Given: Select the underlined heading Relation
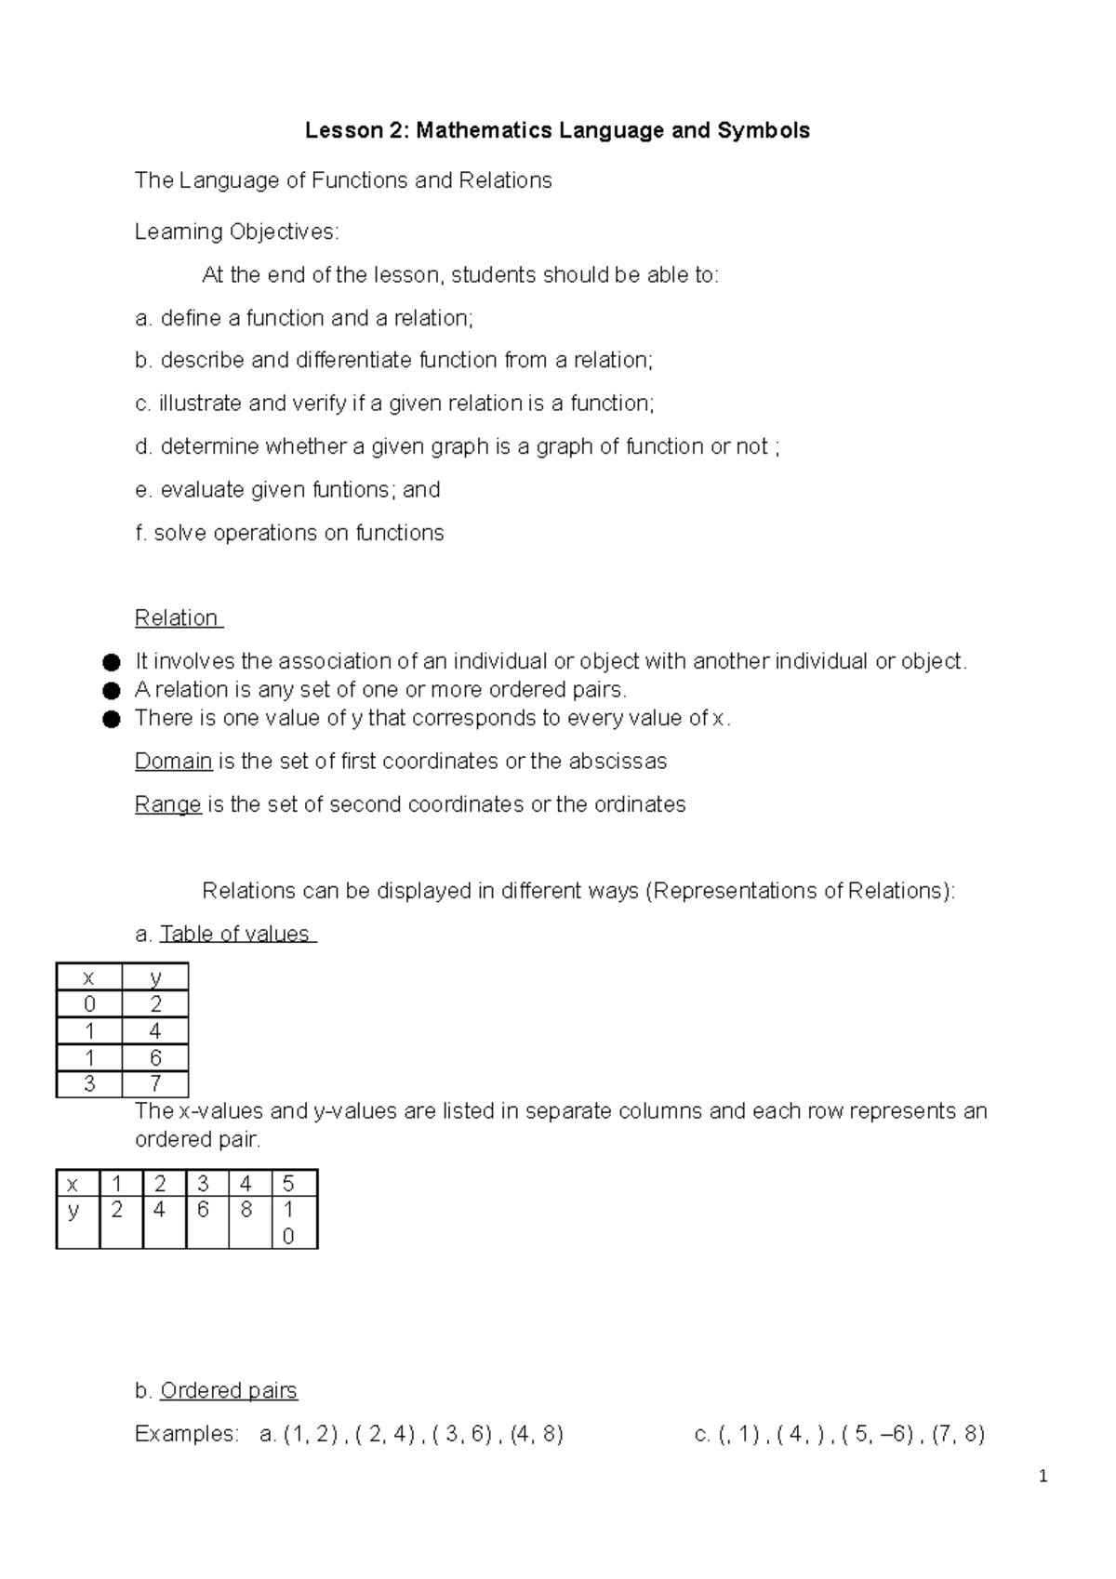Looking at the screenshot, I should click(x=177, y=618).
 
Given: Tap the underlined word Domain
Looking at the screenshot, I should click(x=174, y=762).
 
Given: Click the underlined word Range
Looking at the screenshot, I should click(x=168, y=804).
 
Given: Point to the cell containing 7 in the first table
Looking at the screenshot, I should click(x=155, y=1084).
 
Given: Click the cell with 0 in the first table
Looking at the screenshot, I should click(x=89, y=1004).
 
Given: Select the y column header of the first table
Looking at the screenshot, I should click(x=155, y=977).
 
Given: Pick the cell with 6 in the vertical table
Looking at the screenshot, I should click(x=155, y=1057).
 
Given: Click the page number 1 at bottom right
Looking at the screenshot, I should click(x=1043, y=1477).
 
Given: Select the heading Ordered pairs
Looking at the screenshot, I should click(x=229, y=1391).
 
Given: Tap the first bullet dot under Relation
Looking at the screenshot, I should click(x=112, y=663).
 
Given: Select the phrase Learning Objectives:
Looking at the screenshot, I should click(x=237, y=232).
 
